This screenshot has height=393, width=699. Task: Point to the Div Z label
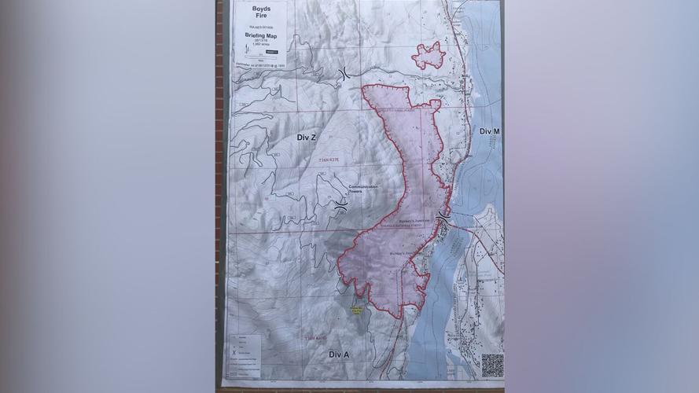coord(307,138)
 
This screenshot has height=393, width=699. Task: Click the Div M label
coord(490,130)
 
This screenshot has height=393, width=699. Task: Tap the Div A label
coord(339,355)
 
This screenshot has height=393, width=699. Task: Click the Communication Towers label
coord(363,189)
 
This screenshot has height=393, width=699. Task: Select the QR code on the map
coord(492,365)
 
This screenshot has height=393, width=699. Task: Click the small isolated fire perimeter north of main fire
coord(429,56)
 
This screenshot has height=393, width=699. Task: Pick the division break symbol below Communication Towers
coord(340,205)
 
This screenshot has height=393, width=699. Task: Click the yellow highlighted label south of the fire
coord(358,310)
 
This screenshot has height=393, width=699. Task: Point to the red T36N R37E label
coord(333,161)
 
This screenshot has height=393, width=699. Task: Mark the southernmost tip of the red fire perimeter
coord(399,317)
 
